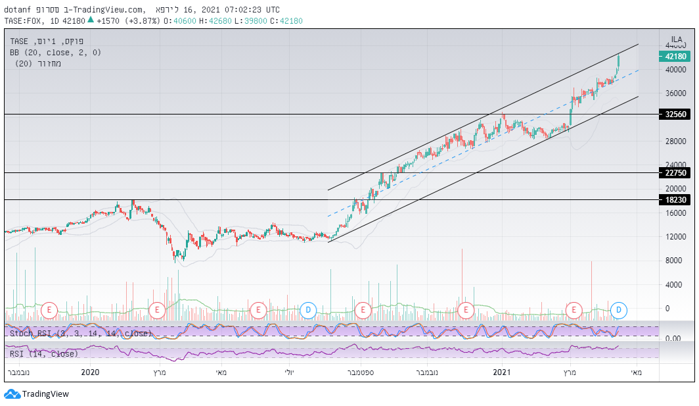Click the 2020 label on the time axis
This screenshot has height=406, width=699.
click(89, 373)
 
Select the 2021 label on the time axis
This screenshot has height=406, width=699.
click(502, 373)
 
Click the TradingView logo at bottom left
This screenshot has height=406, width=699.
click(37, 394)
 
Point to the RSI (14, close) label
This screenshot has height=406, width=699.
click(43, 354)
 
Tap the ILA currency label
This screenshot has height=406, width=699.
click(676, 39)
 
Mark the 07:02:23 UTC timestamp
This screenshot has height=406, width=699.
click(253, 9)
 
